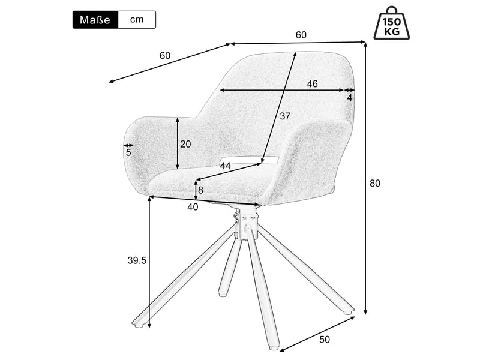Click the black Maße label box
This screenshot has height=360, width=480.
click(x=95, y=20)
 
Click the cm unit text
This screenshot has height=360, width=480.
click(x=137, y=20)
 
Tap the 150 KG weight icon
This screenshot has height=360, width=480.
click(x=392, y=23)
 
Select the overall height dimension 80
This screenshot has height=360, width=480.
click(x=374, y=184)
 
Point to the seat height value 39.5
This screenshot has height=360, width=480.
click(x=137, y=260)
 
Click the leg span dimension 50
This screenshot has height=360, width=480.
click(x=325, y=340)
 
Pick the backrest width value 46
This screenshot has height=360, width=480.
click(x=312, y=83)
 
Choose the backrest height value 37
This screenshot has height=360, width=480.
click(x=284, y=116)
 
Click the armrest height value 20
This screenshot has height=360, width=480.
click(x=185, y=144)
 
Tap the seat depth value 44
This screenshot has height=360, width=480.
click(x=226, y=166)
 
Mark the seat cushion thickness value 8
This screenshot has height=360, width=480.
click(x=200, y=190)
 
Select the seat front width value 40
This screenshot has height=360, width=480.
click(x=193, y=207)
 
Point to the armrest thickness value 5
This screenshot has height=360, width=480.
click(x=128, y=152)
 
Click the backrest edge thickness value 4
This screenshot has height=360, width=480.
click(x=350, y=98)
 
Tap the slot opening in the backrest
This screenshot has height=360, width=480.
click(x=248, y=160)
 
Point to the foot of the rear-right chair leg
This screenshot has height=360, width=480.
click(x=347, y=311)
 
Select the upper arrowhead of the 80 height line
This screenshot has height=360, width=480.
click(x=365, y=44)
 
